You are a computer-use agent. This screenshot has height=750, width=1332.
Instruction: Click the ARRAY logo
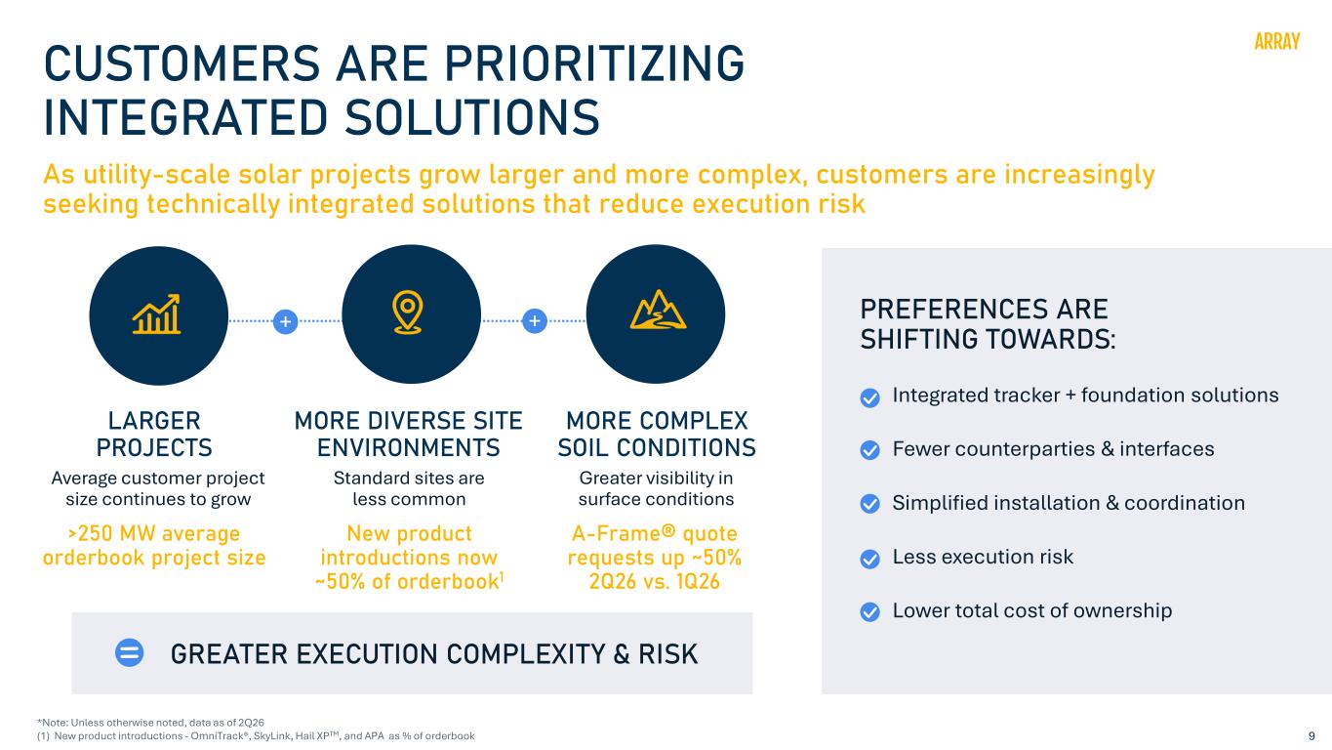(x=1276, y=42)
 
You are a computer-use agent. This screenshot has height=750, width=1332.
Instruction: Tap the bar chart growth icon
(x=156, y=313)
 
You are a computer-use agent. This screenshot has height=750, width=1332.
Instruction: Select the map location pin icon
(x=407, y=312)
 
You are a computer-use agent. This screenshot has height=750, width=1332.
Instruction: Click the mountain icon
(x=658, y=310)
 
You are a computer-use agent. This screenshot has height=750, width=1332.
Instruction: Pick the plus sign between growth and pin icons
(x=285, y=321)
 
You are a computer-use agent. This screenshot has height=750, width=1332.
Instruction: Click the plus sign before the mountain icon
(x=535, y=321)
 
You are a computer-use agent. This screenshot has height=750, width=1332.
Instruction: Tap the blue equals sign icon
(x=129, y=652)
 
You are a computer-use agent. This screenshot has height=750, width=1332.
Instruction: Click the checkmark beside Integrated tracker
(x=870, y=397)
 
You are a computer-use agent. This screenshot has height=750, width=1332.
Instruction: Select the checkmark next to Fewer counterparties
(x=870, y=450)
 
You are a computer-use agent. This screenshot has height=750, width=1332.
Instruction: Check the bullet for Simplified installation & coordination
(x=870, y=504)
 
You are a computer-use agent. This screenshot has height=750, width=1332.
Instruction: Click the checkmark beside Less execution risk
(x=870, y=559)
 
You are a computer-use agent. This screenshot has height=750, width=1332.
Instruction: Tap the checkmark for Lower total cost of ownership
(x=870, y=612)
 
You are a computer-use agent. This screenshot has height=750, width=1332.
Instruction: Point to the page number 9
(x=1312, y=736)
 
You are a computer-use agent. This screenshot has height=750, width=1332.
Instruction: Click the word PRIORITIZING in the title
(x=594, y=63)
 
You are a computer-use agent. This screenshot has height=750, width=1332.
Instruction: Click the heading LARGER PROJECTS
(x=154, y=434)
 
